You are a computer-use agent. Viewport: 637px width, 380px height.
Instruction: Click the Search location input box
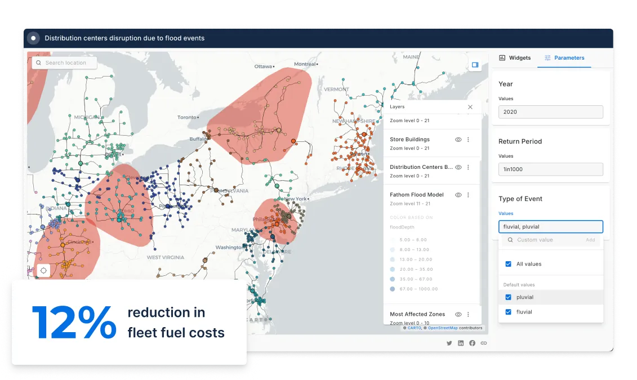[x=65, y=63]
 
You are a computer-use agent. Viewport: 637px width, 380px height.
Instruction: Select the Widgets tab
[x=515, y=58]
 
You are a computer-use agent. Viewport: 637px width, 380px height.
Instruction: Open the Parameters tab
[x=564, y=58]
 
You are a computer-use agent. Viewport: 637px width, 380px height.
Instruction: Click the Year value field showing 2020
[x=550, y=112]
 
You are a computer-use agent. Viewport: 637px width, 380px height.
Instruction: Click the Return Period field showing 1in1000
[x=550, y=169]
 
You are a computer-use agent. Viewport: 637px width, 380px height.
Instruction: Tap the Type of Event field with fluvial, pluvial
[x=550, y=227]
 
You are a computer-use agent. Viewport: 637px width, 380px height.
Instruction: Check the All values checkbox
[x=509, y=264]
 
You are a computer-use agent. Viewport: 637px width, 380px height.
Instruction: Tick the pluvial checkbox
[x=509, y=297]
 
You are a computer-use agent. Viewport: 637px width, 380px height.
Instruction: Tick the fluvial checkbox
[x=509, y=312]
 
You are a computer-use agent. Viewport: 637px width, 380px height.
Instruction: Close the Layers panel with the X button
[x=470, y=106]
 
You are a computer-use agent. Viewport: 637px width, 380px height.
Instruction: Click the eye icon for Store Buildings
[x=458, y=140]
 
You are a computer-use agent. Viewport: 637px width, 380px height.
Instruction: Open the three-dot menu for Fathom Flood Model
[x=468, y=195]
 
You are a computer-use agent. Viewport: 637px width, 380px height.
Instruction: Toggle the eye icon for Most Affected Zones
[x=458, y=314]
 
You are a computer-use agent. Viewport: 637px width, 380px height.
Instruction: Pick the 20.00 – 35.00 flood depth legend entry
[x=410, y=269]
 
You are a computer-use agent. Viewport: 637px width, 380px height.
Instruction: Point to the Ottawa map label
[x=263, y=66]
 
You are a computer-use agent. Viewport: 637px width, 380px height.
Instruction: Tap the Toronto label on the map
[x=188, y=118]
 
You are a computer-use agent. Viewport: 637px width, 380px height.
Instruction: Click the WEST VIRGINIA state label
[x=166, y=257]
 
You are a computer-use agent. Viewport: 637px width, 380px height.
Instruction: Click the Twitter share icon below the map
[x=449, y=343]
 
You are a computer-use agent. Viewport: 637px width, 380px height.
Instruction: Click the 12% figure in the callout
[x=74, y=323]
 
